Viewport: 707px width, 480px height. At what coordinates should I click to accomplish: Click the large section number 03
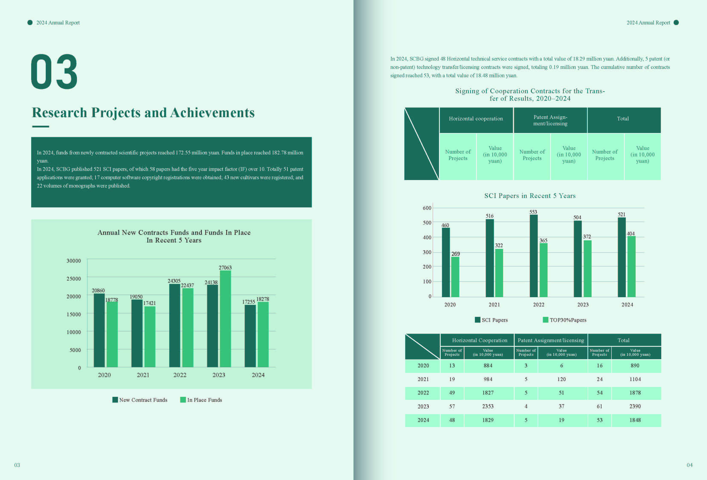(54, 72)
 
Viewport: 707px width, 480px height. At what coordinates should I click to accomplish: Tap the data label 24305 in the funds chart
(174, 281)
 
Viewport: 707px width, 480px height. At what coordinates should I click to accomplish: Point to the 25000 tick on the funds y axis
(74, 279)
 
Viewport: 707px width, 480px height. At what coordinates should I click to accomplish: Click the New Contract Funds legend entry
(140, 400)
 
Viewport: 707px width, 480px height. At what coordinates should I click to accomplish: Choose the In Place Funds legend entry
(201, 400)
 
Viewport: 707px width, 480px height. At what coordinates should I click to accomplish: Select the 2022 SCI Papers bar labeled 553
(534, 256)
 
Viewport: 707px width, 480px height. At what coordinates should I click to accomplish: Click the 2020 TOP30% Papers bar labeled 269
(455, 277)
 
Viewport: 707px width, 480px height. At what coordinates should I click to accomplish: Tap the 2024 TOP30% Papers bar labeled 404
(631, 266)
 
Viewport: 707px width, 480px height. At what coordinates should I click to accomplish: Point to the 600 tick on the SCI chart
(427, 208)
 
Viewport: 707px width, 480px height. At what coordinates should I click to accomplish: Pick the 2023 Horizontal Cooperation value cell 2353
(488, 406)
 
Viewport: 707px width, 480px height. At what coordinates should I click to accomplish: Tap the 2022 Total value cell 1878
(635, 393)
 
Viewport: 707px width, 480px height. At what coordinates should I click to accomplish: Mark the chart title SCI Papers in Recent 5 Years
(530, 196)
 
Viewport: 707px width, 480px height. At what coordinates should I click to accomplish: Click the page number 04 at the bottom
(689, 465)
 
